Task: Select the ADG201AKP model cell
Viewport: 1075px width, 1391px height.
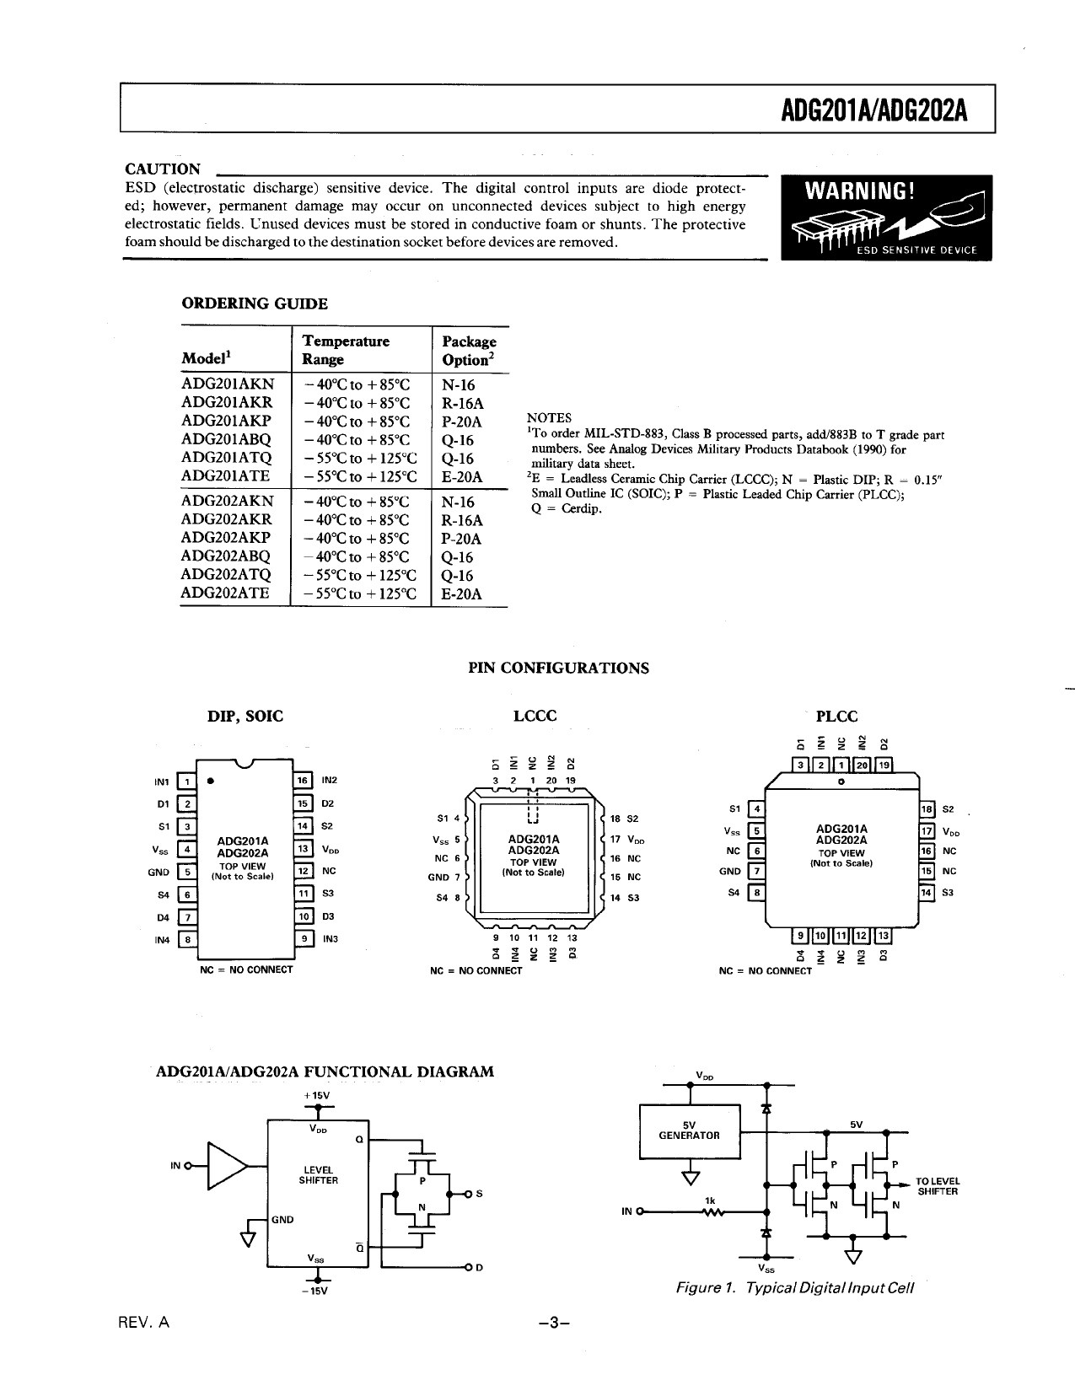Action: [227, 422]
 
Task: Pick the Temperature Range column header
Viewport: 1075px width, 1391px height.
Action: [346, 351]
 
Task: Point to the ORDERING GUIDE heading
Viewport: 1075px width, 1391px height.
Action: [255, 303]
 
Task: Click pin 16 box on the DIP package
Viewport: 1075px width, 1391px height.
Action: [302, 781]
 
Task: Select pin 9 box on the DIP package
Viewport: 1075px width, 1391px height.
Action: [302, 938]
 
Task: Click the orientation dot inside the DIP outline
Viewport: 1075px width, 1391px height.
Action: [208, 780]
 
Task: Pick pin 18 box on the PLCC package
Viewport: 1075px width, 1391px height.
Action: [927, 809]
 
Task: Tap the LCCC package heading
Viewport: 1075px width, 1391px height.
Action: [535, 716]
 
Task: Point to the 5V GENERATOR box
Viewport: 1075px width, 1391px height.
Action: [690, 1130]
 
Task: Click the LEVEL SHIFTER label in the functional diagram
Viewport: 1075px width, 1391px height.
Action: [318, 1175]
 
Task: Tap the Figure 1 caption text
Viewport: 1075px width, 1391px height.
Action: [794, 1289]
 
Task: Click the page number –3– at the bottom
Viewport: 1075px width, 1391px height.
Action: [554, 1323]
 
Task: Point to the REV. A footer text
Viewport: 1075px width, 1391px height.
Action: [144, 1323]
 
